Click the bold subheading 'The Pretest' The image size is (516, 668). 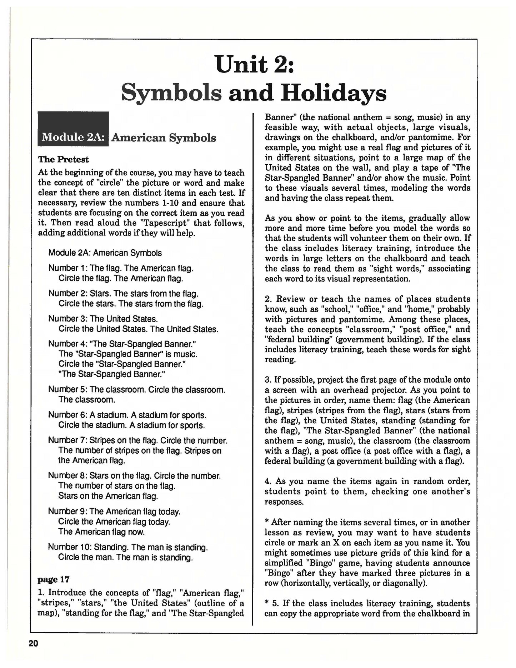63,159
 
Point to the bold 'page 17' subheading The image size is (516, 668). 54,579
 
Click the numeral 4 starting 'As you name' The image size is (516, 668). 267,482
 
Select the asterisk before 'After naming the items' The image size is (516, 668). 267,522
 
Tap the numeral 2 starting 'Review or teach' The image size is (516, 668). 267,299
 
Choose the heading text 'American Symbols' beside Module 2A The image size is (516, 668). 164,138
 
